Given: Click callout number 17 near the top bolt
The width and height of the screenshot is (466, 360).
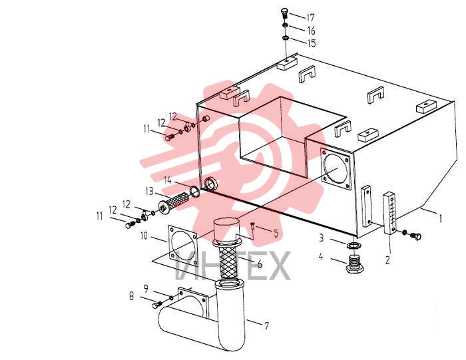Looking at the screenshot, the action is coord(311,18).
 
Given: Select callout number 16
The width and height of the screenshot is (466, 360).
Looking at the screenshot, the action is coord(311,31).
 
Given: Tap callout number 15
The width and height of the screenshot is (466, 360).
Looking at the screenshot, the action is coord(312,43).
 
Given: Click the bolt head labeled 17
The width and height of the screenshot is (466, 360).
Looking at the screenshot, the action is coord(284,13).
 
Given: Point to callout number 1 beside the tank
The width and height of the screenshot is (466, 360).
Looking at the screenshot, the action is coord(441,219).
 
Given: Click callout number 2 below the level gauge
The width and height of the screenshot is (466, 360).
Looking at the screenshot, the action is coord(387,260).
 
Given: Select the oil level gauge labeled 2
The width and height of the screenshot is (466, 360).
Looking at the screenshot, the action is coord(389,213).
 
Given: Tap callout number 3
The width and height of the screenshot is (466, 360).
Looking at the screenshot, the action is coord(322,238).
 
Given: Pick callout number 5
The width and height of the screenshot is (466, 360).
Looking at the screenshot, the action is coord(276,234).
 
